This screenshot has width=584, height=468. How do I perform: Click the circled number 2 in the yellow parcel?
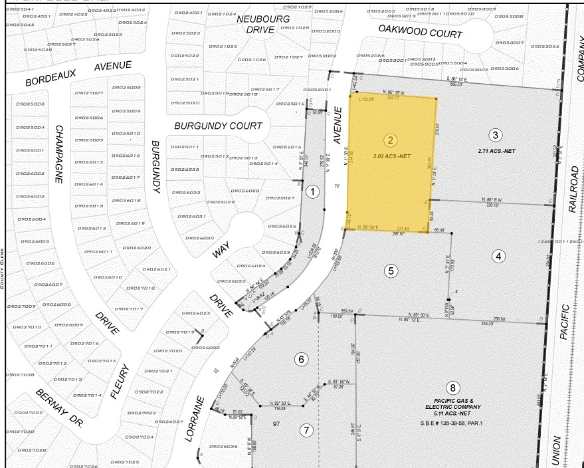click(x=391, y=140)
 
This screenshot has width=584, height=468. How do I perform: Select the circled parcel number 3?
click(x=494, y=136)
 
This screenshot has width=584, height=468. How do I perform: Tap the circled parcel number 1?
click(x=314, y=191)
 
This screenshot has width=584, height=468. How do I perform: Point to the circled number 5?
click(x=391, y=271)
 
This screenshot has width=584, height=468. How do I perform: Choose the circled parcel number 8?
click(x=453, y=388)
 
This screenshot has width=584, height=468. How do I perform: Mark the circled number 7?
click(x=306, y=430)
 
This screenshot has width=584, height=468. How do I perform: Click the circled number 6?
click(x=302, y=360)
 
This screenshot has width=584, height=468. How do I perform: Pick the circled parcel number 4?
click(x=499, y=255)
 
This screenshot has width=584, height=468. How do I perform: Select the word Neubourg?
click(x=264, y=19)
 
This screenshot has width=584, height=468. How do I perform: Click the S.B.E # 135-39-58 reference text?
click(x=453, y=422)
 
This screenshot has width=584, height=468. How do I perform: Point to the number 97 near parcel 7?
click(x=276, y=423)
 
